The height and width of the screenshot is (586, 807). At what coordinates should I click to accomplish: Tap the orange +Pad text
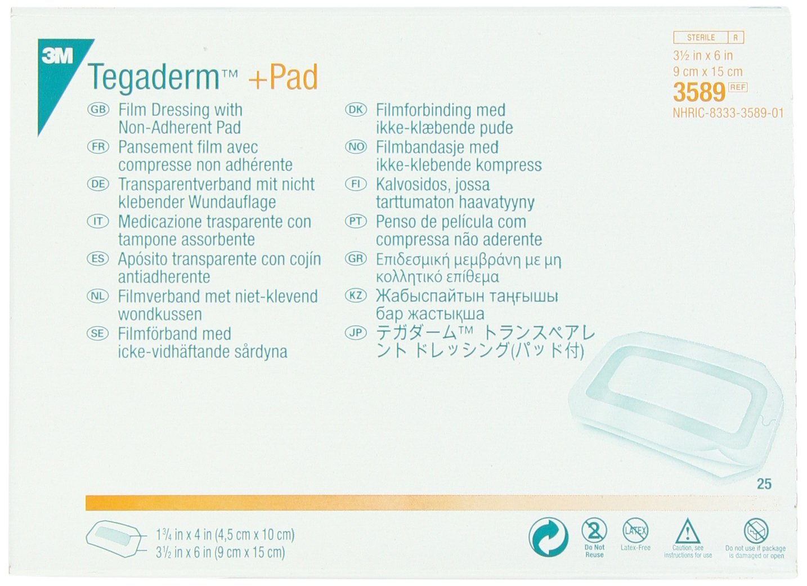(283, 77)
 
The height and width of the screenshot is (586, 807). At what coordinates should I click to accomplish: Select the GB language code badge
(98, 110)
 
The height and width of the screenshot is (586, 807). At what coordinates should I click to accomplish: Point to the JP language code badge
(356, 333)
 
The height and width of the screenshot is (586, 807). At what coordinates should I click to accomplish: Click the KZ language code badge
(356, 296)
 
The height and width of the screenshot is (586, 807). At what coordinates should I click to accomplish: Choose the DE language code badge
(98, 184)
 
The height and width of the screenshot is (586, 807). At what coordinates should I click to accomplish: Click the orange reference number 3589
(699, 92)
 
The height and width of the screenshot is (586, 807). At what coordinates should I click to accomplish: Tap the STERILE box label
(701, 38)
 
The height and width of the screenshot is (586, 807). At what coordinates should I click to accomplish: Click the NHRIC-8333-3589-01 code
(728, 113)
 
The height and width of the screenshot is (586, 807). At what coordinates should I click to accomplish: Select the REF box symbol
(737, 87)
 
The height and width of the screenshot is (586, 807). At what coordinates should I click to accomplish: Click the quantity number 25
(764, 484)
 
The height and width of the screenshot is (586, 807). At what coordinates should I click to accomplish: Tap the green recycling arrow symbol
(549, 536)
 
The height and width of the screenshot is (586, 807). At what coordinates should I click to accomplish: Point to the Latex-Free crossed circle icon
(635, 530)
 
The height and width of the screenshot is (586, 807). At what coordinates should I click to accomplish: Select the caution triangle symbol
(687, 531)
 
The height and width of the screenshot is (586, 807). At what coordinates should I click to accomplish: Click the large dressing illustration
(675, 405)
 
